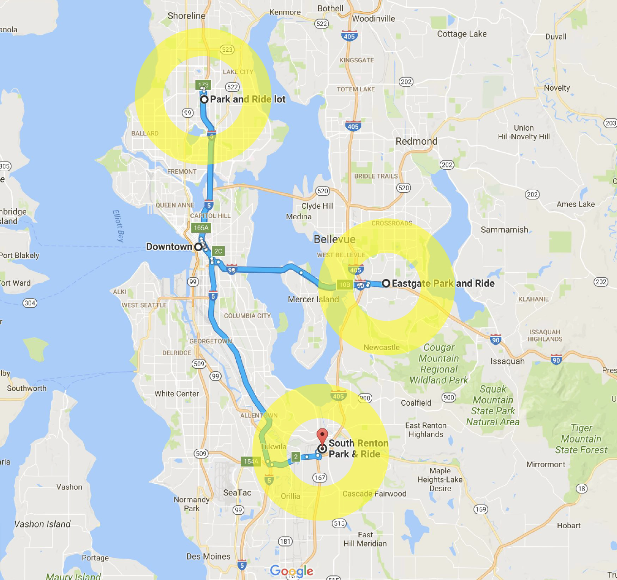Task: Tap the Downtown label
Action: (169, 246)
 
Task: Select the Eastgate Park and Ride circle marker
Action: (386, 283)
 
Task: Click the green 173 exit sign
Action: (203, 85)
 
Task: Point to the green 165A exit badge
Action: (201, 228)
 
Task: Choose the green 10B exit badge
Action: (345, 285)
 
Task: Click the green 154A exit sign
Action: (251, 461)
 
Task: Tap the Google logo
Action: (291, 571)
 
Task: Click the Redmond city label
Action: (416, 141)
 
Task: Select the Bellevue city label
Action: (335, 239)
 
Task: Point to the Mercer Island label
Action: (313, 299)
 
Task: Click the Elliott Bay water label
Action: (118, 226)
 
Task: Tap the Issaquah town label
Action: (507, 361)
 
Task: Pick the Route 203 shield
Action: (611, 123)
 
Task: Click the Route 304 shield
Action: (30, 303)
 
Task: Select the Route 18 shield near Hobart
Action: (582, 488)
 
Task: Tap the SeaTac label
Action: (237, 492)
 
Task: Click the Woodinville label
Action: (374, 19)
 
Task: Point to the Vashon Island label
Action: (43, 524)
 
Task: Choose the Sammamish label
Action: (504, 230)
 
